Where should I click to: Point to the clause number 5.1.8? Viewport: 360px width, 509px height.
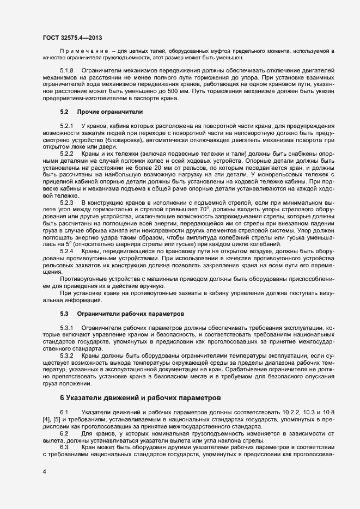tap(66, 71)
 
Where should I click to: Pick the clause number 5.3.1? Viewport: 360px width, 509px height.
tap(66, 328)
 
